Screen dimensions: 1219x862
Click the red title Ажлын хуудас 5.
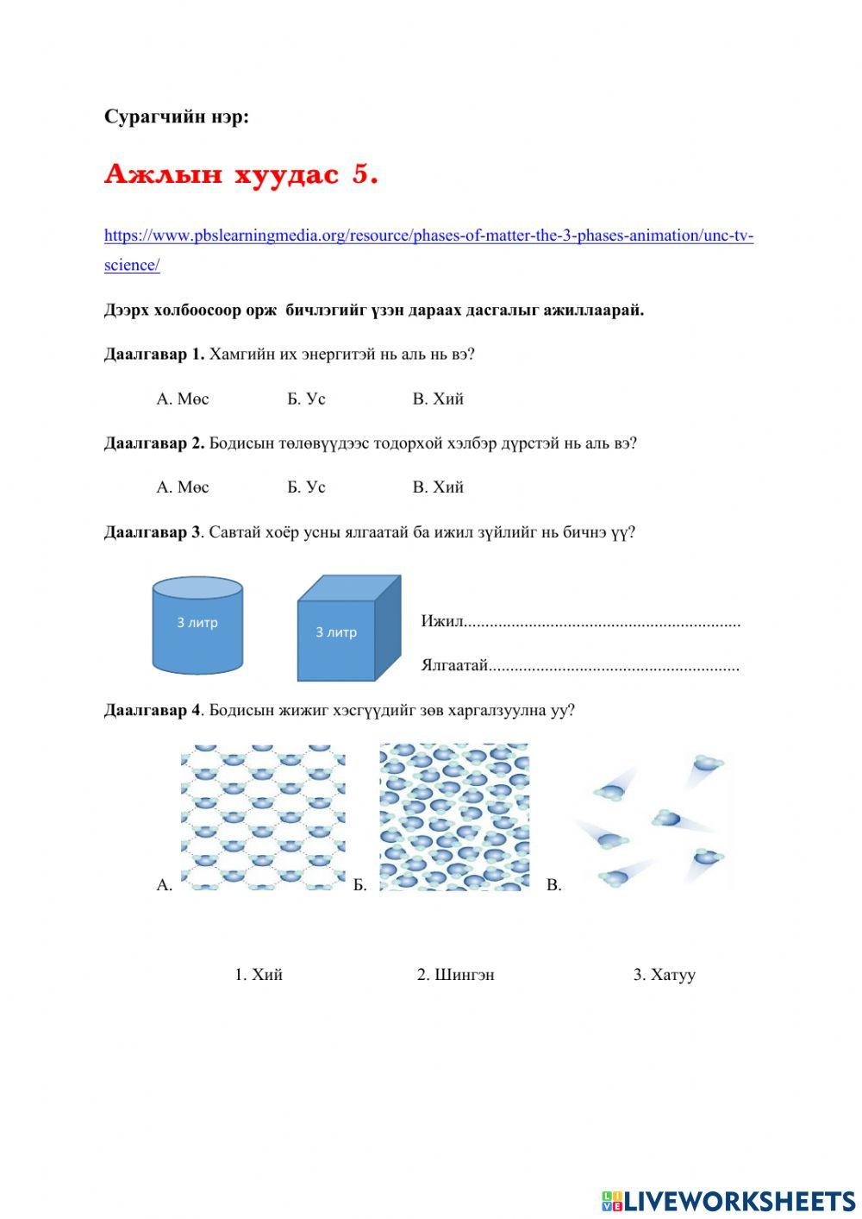tap(240, 174)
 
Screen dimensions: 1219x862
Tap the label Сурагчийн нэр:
tap(176, 117)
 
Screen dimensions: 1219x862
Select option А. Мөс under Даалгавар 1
tap(183, 399)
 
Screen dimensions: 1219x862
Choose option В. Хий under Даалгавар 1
tap(438, 399)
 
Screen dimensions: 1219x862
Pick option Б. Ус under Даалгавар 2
tap(306, 487)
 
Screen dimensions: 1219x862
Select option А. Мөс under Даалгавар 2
tap(183, 487)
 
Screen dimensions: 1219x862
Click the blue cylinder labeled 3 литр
tap(197, 625)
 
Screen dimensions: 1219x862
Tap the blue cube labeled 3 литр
tap(348, 629)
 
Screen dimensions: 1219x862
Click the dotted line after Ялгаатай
tap(614, 666)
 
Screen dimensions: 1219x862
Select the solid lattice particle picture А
tap(263, 817)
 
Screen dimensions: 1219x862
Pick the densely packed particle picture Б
tap(454, 817)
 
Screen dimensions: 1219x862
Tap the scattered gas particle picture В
tap(653, 820)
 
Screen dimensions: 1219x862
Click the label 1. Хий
tap(259, 975)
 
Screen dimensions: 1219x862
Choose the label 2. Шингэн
tap(455, 975)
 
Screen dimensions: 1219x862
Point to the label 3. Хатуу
tap(664, 975)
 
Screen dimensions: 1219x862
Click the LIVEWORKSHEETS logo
tap(728, 1200)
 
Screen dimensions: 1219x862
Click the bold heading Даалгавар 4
tap(152, 710)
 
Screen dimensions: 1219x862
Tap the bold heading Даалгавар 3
tap(152, 532)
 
